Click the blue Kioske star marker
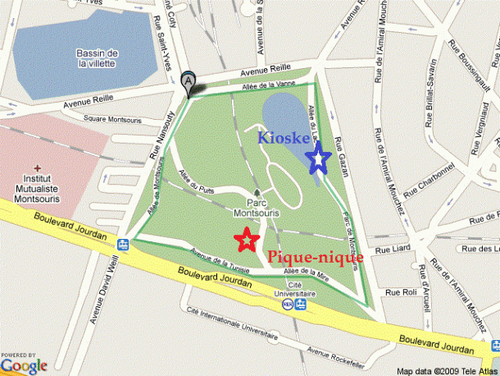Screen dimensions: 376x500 coord(318,160)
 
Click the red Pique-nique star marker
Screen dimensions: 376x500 coord(244,240)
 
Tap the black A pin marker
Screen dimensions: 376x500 coord(189,83)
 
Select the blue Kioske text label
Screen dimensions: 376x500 coord(283,138)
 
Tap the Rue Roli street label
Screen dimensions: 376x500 coord(402,292)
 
